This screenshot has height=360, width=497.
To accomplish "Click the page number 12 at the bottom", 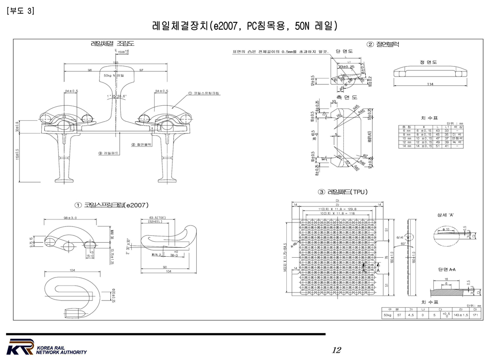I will pyautogui.click(x=336, y=351).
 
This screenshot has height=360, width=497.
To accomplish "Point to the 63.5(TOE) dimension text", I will pyautogui.click(x=158, y=217).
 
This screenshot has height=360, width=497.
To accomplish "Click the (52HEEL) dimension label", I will pyautogui.click(x=158, y=221).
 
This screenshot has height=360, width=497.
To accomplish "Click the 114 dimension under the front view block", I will pyautogui.click(x=430, y=84).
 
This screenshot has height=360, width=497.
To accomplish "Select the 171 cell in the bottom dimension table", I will pyautogui.click(x=475, y=315).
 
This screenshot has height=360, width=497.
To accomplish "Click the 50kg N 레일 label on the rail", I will pyautogui.click(x=114, y=75).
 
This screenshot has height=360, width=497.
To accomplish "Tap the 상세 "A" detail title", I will pyautogui.click(x=445, y=215).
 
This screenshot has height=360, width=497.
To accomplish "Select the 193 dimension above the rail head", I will pyautogui.click(x=115, y=63).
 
